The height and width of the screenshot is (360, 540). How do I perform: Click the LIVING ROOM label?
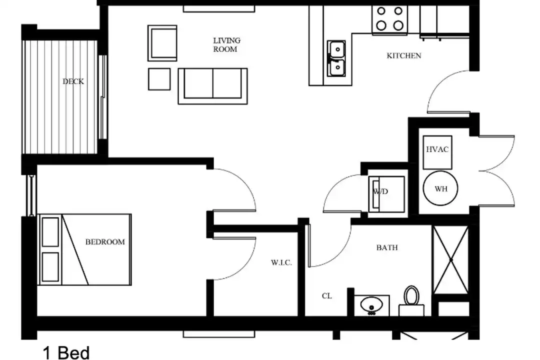point(226,45)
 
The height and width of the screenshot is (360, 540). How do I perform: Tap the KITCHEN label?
point(403,56)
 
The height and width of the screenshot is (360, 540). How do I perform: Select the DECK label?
point(73,81)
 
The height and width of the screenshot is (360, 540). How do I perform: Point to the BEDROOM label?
point(105,242)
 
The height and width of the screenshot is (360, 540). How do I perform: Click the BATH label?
point(386,247)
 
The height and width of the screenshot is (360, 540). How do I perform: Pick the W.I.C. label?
point(281,263)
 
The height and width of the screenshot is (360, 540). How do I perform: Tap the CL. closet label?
point(327,296)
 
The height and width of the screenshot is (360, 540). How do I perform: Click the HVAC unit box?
point(437,152)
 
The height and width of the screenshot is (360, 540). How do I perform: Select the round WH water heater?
point(440,188)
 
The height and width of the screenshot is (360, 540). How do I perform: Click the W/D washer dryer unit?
point(386,194)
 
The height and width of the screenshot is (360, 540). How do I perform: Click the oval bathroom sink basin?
point(371,304)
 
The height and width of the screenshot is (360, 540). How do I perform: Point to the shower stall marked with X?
point(450,260)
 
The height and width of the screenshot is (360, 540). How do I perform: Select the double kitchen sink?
point(336,58)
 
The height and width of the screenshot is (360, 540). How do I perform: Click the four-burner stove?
point(389,19)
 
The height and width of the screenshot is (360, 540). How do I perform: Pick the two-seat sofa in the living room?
point(212,86)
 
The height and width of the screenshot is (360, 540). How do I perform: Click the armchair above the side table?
point(162,43)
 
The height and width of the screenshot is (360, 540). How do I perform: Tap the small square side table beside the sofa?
point(159,79)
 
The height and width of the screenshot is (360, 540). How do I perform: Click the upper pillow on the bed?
point(50,232)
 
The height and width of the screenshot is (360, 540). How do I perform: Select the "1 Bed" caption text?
point(66,353)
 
